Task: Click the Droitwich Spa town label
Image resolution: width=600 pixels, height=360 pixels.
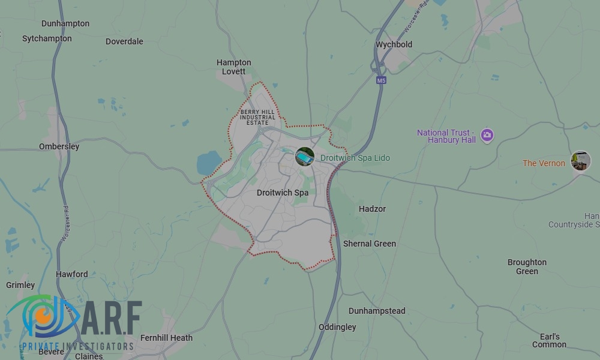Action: tap(282, 193)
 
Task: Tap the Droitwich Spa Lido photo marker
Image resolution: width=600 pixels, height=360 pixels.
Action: tap(305, 157)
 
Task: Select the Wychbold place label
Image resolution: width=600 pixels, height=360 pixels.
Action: tap(394, 44)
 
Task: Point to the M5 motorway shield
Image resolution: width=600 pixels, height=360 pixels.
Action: tap(381, 80)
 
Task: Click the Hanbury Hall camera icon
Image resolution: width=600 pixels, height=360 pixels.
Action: tap(487, 135)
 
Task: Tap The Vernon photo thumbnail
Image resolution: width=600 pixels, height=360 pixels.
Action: tap(580, 161)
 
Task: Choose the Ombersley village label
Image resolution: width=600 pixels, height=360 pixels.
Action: tap(59, 146)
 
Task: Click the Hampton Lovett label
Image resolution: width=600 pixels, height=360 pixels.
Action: tap(233, 67)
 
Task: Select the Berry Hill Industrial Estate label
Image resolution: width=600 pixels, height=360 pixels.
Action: tap(258, 118)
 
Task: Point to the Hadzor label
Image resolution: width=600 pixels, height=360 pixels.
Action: tap(372, 209)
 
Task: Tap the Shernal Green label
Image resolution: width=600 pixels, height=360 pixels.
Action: tap(370, 244)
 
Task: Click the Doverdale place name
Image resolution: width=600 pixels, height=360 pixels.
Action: tap(124, 41)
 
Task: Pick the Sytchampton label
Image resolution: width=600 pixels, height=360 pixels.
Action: tap(47, 38)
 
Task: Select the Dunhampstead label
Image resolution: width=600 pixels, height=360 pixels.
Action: tap(377, 311)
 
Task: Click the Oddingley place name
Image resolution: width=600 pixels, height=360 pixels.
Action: tap(337, 327)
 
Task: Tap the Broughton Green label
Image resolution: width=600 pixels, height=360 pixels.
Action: tap(527, 266)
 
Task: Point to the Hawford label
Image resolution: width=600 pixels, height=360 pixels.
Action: tap(72, 274)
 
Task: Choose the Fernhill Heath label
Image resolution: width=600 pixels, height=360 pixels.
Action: tap(166, 338)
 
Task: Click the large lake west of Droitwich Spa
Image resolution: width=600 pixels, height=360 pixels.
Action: tap(209, 163)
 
